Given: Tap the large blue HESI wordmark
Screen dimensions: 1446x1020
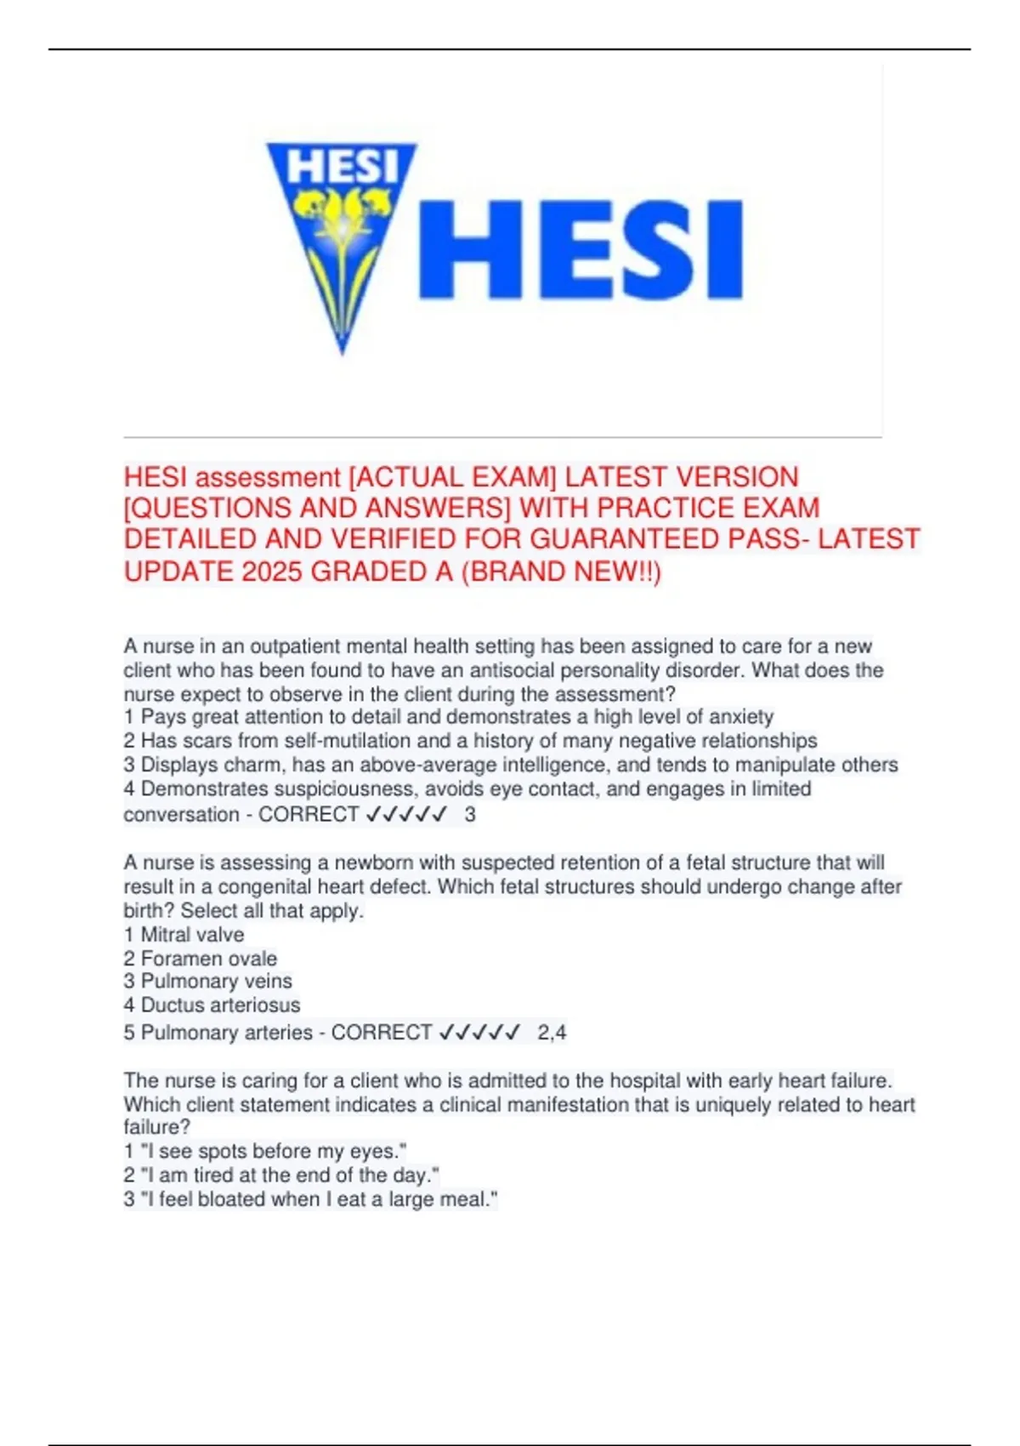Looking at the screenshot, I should [581, 249].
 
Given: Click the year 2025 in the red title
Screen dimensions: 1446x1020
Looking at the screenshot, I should [272, 572].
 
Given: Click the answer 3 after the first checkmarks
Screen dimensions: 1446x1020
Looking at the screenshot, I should [470, 815].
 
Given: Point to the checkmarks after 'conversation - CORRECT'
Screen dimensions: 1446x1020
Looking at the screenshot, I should [406, 815].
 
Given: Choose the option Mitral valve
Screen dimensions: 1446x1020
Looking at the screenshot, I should [192, 935].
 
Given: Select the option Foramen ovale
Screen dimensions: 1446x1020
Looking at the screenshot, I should [208, 959].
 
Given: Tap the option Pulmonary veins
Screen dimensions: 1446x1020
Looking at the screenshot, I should [216, 981].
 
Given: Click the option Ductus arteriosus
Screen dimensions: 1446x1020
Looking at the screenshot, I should [220, 1005].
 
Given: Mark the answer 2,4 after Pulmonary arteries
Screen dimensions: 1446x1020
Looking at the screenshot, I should [552, 1033].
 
